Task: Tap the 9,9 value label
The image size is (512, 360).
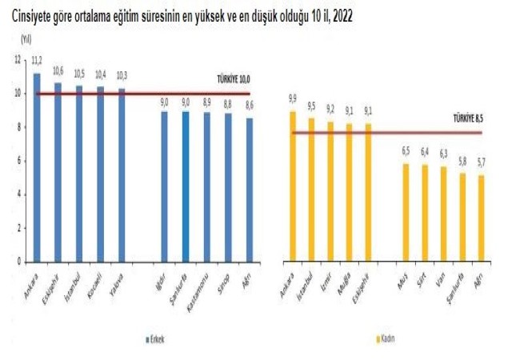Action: coord(293,99)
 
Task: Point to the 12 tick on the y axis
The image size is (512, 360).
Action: coord(18,60)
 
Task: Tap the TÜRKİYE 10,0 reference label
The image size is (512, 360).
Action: coord(233,80)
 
